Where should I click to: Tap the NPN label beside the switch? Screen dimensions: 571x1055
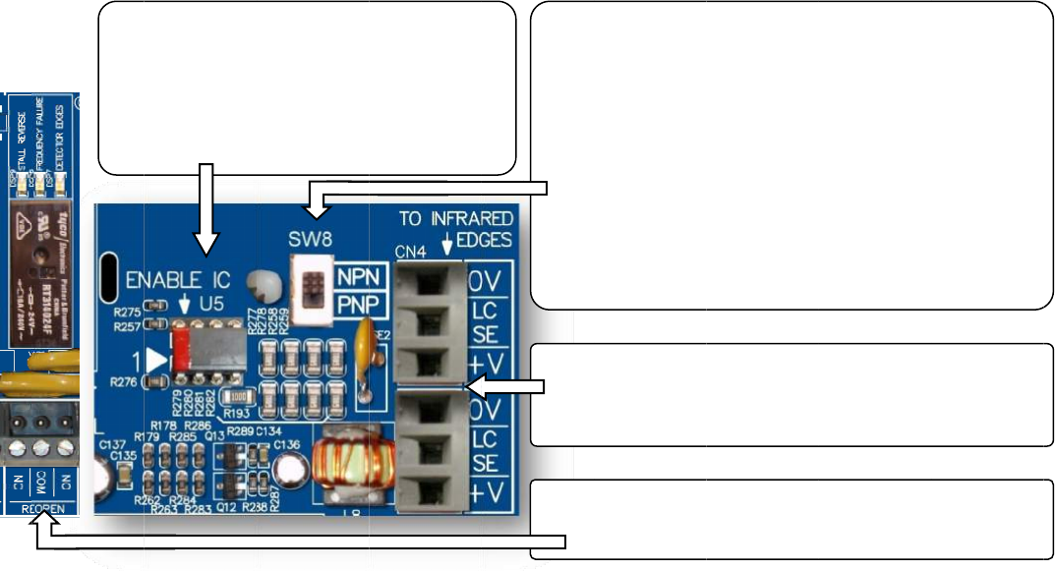click(358, 277)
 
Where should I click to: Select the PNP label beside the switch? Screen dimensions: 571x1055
click(358, 305)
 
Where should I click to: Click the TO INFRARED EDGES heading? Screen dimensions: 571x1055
click(455, 228)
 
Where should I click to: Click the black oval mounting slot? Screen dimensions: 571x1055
click(110, 278)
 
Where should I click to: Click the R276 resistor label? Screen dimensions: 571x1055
click(122, 381)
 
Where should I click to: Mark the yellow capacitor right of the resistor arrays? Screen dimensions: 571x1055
click(367, 339)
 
